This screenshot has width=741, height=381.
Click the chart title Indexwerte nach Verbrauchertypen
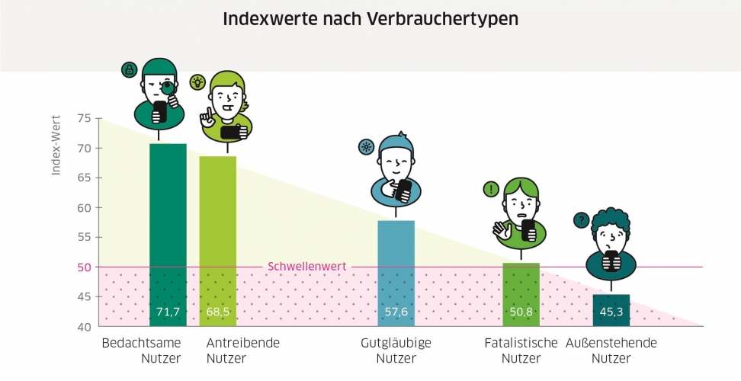(x=370, y=19)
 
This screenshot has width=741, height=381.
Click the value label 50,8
(x=521, y=312)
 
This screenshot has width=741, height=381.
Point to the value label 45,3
(x=611, y=312)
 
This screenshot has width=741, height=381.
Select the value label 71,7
(x=168, y=312)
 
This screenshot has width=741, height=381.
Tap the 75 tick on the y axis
(x=84, y=118)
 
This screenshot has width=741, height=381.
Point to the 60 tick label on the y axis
(x=84, y=207)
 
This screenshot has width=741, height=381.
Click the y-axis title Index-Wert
(x=56, y=152)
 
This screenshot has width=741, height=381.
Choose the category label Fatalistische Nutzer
(x=521, y=351)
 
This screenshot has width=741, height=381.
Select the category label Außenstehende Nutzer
(x=611, y=351)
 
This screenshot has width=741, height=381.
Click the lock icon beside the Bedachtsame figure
(x=129, y=70)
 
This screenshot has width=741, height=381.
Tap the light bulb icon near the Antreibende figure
(x=197, y=82)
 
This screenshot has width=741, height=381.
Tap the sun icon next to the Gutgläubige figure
(x=366, y=147)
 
